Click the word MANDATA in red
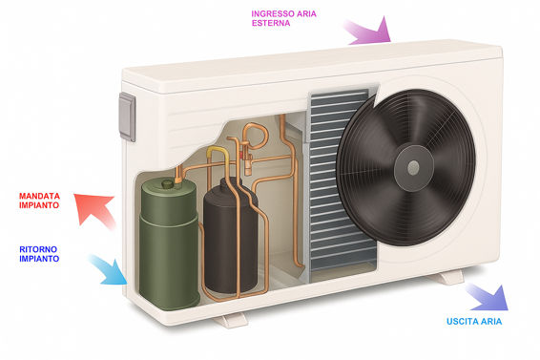pyautogui.click(x=39, y=196)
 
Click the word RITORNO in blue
pyautogui.click(x=38, y=249)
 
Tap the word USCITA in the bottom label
pyautogui.click(x=462, y=322)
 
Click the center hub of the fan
pyautogui.click(x=412, y=166)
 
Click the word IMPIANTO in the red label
pyautogui.click(x=39, y=205)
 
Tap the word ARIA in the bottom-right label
pyautogui.click(x=489, y=322)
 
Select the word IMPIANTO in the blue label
pyautogui.click(x=38, y=259)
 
